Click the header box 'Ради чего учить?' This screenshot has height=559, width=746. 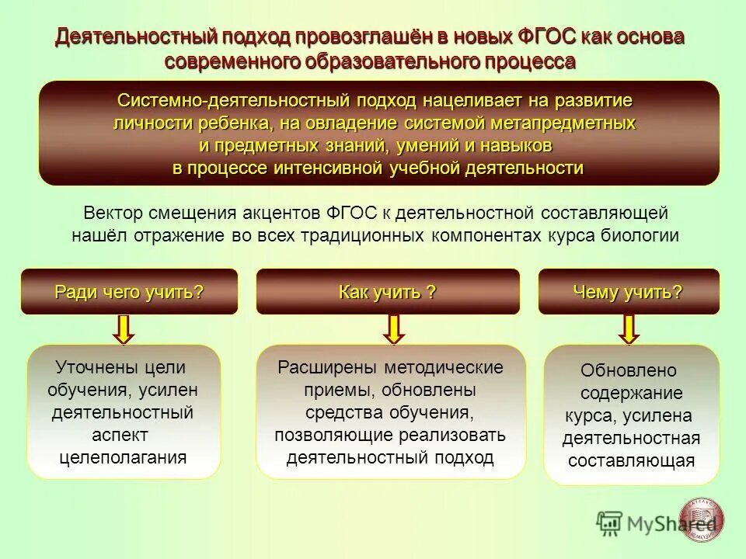pyautogui.click(x=129, y=292)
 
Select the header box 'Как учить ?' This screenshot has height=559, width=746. pyautogui.click(x=387, y=292)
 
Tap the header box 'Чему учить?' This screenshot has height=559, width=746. pyautogui.click(x=628, y=292)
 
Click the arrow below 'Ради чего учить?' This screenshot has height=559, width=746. pyautogui.click(x=124, y=328)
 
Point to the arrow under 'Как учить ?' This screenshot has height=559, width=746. pyautogui.click(x=394, y=328)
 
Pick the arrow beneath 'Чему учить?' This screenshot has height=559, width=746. pyautogui.click(x=629, y=328)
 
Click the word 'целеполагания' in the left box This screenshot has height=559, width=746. pyautogui.click(x=124, y=457)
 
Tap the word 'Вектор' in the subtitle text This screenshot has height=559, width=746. pyautogui.click(x=109, y=213)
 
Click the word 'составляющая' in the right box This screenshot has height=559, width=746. pyautogui.click(x=631, y=460)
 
